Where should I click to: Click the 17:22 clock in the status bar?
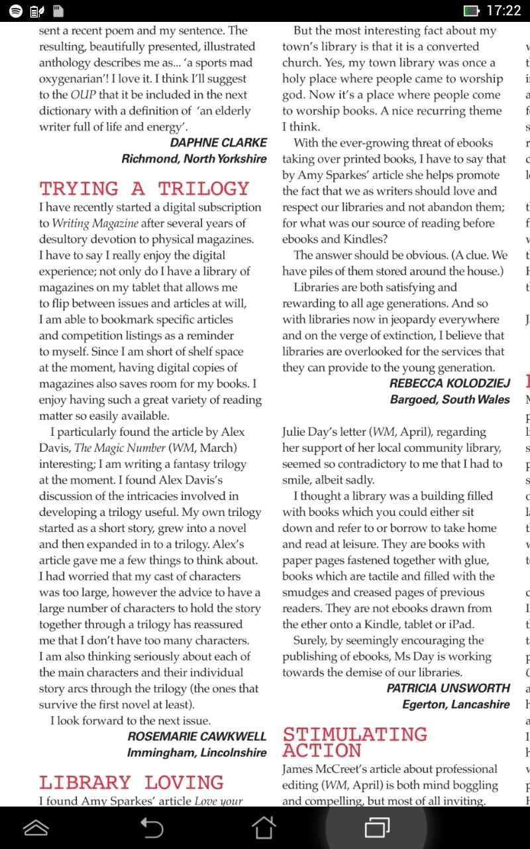(503, 11)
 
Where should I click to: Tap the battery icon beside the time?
(472, 11)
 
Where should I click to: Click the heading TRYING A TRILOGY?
(144, 189)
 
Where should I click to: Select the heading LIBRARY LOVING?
(131, 783)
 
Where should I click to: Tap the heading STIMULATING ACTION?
(354, 742)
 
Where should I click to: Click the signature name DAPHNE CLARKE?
(219, 143)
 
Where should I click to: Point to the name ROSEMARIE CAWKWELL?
(197, 736)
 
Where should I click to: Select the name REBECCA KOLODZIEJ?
(450, 383)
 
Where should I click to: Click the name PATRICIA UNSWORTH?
(449, 688)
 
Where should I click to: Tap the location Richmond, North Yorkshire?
(194, 159)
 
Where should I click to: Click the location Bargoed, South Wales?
(450, 399)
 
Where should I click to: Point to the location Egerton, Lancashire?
(456, 704)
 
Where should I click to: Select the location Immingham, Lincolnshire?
(197, 752)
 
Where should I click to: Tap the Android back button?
(152, 827)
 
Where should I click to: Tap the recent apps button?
(377, 827)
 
